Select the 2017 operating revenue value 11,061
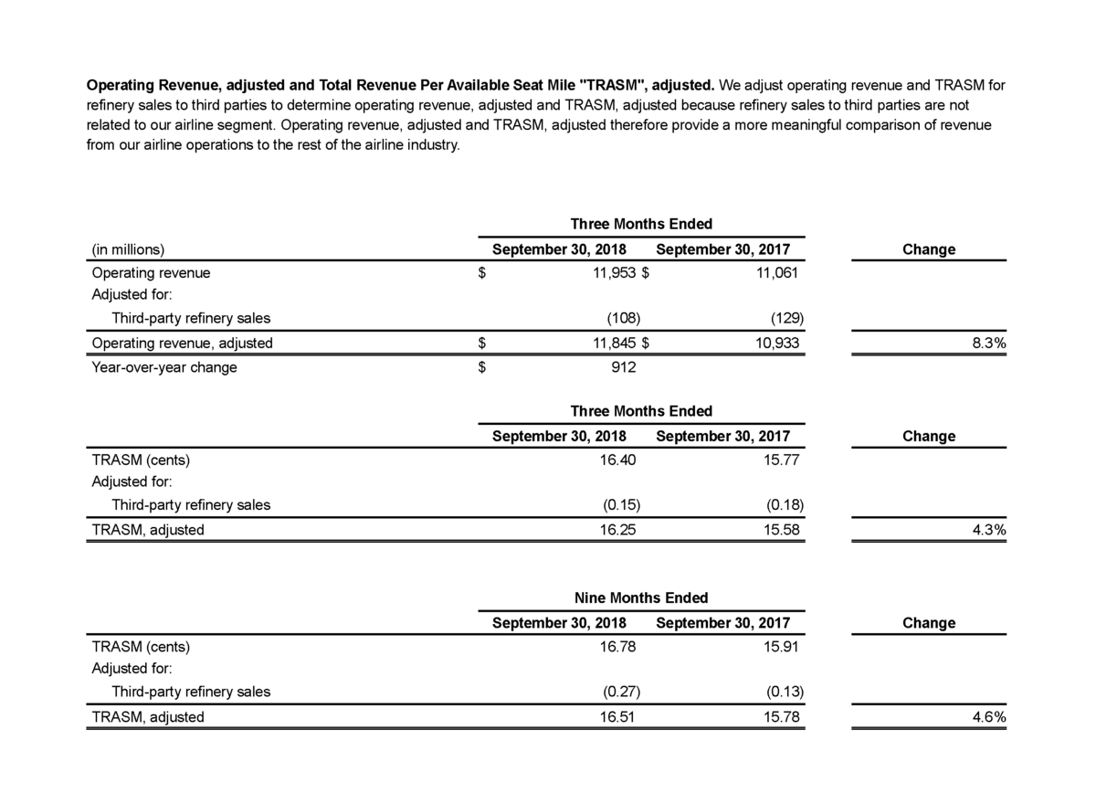(775, 273)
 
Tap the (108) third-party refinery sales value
(624, 319)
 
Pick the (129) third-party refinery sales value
(786, 319)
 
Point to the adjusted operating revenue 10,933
(775, 344)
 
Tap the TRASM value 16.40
(616, 460)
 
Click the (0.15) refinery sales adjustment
(620, 505)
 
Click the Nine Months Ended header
(641, 598)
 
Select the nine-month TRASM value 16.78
(616, 647)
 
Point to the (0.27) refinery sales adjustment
(620, 692)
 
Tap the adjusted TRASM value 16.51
(616, 717)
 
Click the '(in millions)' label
(128, 249)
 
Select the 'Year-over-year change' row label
(164, 368)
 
